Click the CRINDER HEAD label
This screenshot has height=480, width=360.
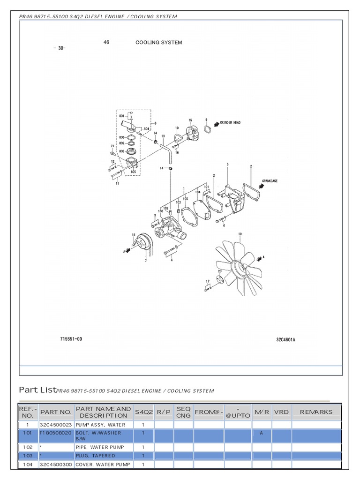[230, 123]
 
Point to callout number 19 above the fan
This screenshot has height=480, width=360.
[240, 234]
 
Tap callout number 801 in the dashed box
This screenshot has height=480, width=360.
[121, 115]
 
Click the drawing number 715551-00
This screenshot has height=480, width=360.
[71, 338]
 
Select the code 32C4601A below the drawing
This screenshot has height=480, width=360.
[285, 340]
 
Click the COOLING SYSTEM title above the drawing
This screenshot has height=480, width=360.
[159, 43]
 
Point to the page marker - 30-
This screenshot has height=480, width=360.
[60, 48]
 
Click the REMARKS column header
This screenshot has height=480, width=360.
[316, 412]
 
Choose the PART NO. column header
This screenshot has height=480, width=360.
[56, 412]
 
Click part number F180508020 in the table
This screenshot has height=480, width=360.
[56, 433]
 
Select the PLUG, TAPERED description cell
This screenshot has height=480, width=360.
[96, 456]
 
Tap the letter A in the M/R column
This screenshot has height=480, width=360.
[262, 433]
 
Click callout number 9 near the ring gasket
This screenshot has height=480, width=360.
[206, 120]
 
